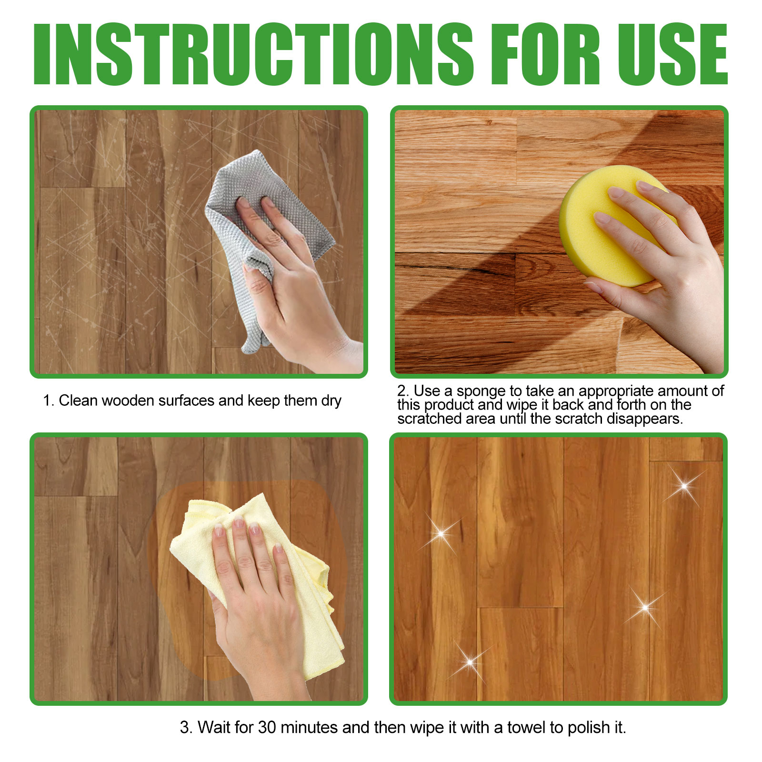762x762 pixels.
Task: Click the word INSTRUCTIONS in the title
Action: pos(253,54)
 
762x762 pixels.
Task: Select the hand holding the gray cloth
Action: pos(295,286)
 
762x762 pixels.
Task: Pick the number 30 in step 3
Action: pos(267,727)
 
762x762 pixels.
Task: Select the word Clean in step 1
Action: pos(78,401)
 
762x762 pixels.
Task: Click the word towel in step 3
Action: pos(526,727)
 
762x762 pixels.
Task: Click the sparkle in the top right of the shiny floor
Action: pos(684,486)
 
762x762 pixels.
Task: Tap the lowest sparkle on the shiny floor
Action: pos(470,662)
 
